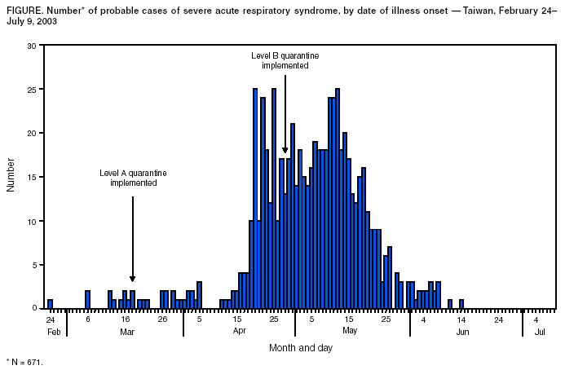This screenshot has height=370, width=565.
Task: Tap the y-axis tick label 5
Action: pos(33,265)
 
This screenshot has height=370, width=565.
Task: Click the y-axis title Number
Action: pos(11,177)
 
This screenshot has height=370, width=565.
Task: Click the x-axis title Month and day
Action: pos(300,348)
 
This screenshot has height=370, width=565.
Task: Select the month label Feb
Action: pos(54,332)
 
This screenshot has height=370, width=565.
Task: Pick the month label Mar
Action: pos(126,332)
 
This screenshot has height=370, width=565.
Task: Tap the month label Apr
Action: pos(240,332)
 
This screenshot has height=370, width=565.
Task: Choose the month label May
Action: pos(350,332)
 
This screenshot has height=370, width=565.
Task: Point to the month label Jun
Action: pos(462,332)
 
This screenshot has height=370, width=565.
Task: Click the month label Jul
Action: pos(540,332)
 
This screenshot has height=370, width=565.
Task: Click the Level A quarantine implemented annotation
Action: pos(133,178)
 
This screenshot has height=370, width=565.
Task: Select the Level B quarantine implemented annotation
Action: pos(285,60)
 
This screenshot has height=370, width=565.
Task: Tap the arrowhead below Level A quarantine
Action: pos(133,279)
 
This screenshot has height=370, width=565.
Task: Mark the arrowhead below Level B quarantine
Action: pos(285,150)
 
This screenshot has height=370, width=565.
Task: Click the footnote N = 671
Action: pos(24,361)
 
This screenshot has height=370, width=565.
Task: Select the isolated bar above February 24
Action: pos(50,304)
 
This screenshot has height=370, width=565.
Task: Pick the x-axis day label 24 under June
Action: pos(498,319)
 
